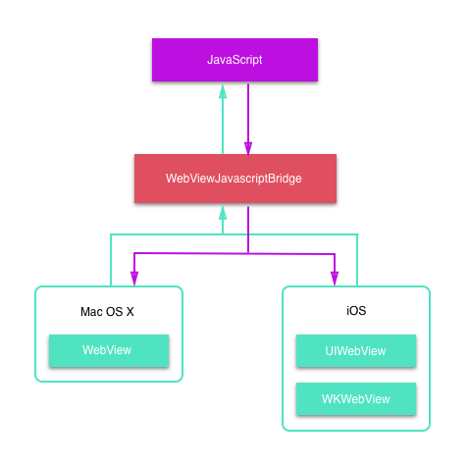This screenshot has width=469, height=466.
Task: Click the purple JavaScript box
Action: coord(234,60)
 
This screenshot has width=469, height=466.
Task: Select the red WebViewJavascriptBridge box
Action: coord(234,179)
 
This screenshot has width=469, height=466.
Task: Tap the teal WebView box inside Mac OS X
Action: coord(108,350)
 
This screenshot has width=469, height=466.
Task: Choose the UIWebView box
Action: coord(355,350)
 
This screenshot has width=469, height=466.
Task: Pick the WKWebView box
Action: coord(355,398)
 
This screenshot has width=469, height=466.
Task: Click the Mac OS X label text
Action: coord(108,312)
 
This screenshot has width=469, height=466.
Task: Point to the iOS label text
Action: coord(355,311)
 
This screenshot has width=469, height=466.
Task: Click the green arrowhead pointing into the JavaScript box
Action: coord(223,91)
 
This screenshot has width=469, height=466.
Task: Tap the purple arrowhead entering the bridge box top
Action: coord(248,147)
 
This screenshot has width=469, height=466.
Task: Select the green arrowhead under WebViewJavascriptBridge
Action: coord(223,211)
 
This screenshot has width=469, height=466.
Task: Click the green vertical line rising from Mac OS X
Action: coord(110,260)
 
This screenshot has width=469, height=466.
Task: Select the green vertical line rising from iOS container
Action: coord(357,260)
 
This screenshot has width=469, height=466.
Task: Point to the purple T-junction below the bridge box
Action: coord(248,253)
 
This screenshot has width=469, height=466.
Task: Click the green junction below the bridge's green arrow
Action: coord(223,234)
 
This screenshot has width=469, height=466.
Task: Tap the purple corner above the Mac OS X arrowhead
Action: coord(133,253)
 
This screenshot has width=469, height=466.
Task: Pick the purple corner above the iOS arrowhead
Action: coord(335,253)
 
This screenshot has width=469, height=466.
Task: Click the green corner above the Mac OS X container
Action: coord(110,234)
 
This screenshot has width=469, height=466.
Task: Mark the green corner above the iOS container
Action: coord(357,234)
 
